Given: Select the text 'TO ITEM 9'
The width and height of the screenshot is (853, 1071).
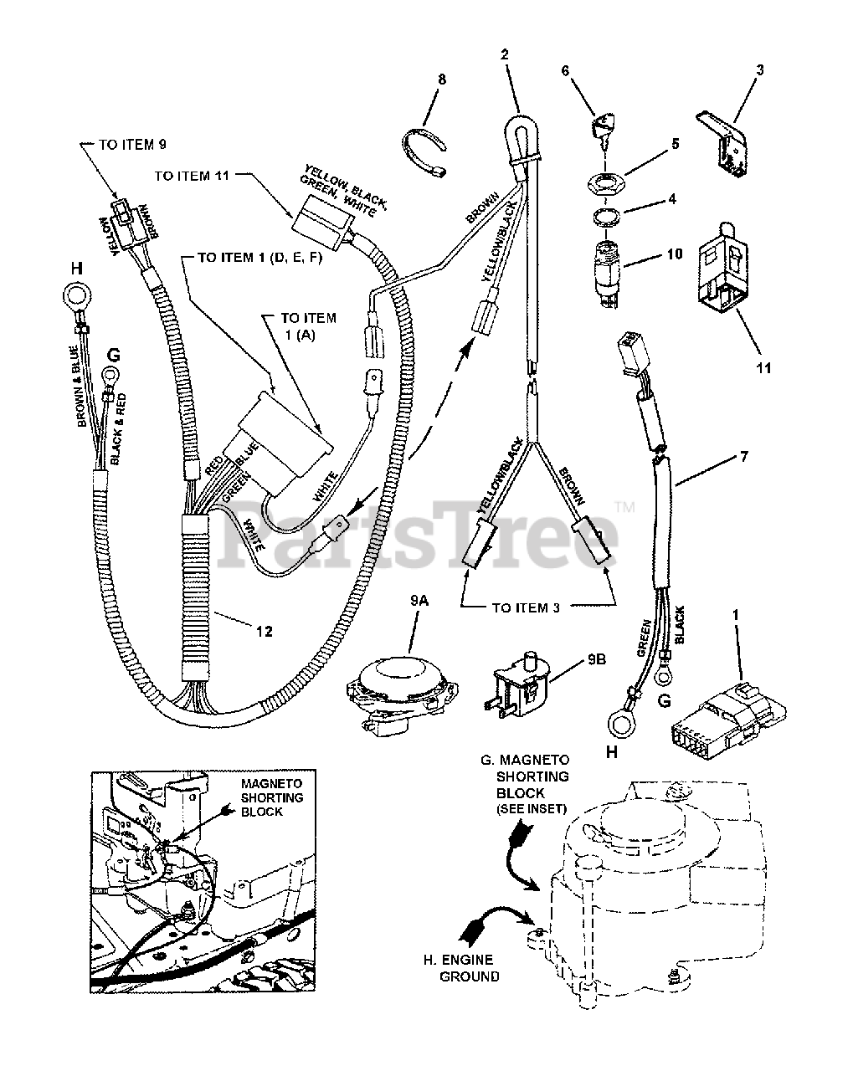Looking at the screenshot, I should point(132,145).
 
